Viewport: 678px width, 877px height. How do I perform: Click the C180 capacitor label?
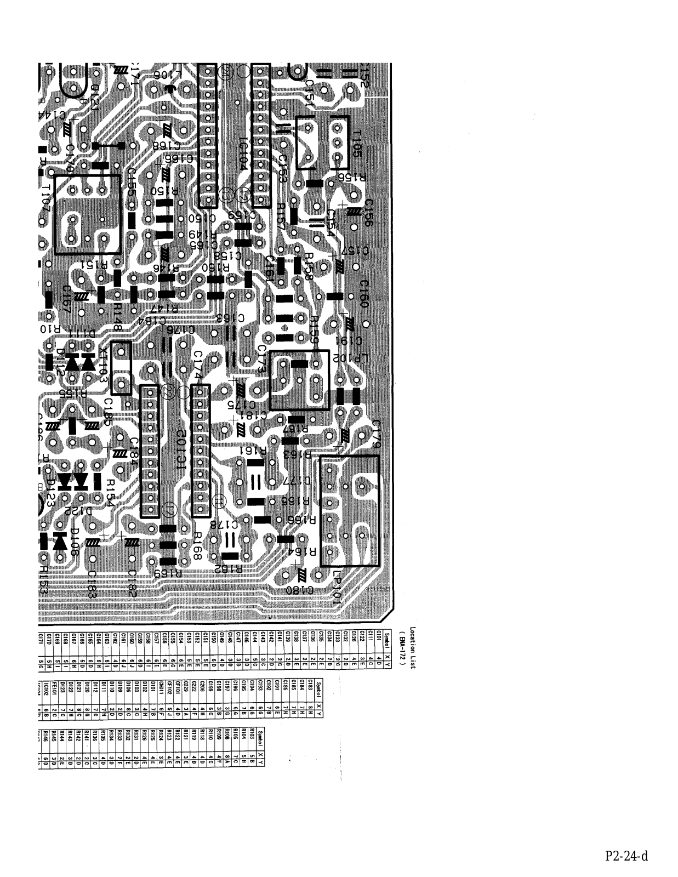(299, 590)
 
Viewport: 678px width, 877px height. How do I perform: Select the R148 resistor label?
(117, 318)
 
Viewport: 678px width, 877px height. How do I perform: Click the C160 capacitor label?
(364, 294)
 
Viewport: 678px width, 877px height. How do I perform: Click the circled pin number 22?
(168, 391)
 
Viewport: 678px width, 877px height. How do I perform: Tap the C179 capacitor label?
(377, 434)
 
